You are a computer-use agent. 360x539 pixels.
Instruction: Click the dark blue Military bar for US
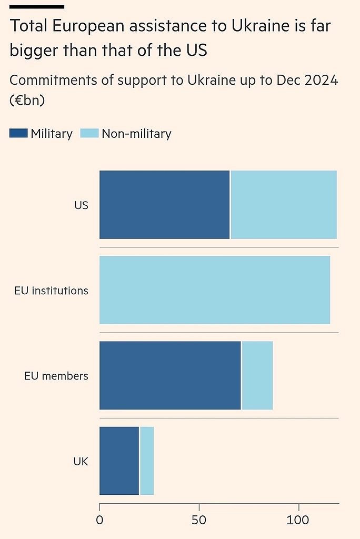(165, 205)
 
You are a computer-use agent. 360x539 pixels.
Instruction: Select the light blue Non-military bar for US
(284, 205)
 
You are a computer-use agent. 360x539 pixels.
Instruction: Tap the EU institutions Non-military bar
(215, 290)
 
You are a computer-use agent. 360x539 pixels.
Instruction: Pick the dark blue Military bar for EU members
(170, 375)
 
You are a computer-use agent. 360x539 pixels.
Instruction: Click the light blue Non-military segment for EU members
(257, 375)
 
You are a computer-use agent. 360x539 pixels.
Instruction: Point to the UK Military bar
(119, 461)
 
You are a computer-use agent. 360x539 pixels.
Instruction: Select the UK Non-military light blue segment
(147, 461)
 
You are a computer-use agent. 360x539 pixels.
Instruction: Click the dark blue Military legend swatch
(18, 134)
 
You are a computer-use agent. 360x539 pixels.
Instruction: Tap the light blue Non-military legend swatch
(89, 134)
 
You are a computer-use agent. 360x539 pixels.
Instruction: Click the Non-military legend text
(136, 134)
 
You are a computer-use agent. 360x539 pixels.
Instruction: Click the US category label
(81, 205)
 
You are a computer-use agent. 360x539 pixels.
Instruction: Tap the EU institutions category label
(51, 291)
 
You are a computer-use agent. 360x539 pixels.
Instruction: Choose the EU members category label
(56, 376)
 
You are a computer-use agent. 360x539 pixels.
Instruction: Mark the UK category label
(81, 462)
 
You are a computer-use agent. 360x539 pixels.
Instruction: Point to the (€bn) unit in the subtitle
(27, 101)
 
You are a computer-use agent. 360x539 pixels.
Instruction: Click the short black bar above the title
(37, 7)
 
